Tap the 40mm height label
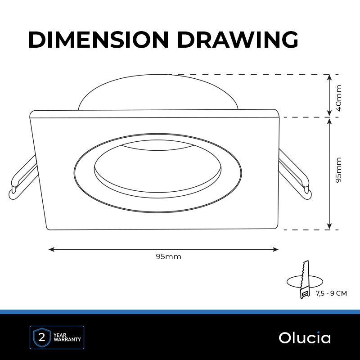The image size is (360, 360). pyautogui.click(x=339, y=98)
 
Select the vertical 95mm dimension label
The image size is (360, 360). pyautogui.click(x=339, y=170)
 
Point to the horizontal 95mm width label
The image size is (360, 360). pyautogui.click(x=168, y=256)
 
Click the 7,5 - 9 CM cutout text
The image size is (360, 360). pyautogui.click(x=331, y=293)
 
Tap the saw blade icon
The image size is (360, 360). pyautogui.click(x=305, y=279)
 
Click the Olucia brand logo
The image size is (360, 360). pyautogui.click(x=305, y=338)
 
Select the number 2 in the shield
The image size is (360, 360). pyautogui.click(x=42, y=338)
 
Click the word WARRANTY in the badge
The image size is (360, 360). pyautogui.click(x=67, y=340)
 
